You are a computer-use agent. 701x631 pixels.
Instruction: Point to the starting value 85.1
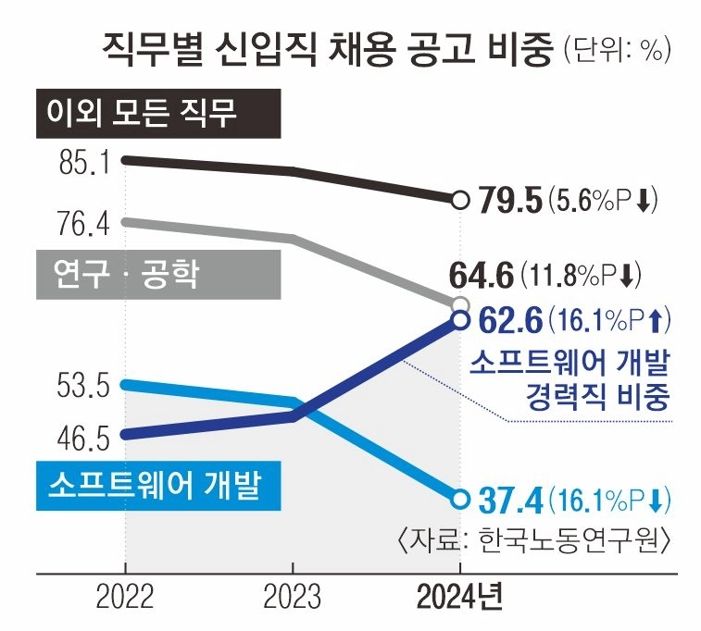point(84,163)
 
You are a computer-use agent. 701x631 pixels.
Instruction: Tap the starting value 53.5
point(84,384)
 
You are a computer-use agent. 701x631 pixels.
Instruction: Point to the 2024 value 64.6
point(481,275)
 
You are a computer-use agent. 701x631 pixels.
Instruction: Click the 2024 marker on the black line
point(460,199)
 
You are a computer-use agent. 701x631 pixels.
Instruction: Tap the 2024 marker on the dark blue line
point(460,320)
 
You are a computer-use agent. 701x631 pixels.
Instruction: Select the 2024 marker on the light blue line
point(460,499)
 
